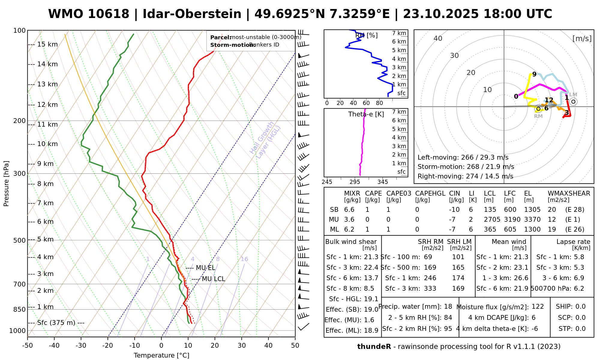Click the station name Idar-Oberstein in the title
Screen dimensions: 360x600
(x=192, y=14)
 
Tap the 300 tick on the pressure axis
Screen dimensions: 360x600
(x=20, y=174)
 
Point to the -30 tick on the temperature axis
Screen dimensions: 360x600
(x=81, y=346)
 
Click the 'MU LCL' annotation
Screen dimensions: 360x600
(x=213, y=279)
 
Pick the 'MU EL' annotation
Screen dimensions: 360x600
(x=205, y=268)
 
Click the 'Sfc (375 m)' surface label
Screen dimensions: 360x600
(x=56, y=323)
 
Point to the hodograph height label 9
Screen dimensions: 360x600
(x=534, y=74)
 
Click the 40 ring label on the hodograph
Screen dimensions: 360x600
(x=438, y=38)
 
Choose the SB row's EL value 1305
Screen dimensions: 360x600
(x=532, y=210)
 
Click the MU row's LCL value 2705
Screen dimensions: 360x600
(x=492, y=220)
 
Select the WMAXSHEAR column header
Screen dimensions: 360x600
(x=569, y=193)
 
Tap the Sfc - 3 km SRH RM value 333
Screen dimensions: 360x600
(x=430, y=289)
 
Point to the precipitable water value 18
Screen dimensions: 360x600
(x=448, y=307)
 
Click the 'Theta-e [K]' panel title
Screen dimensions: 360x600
(x=366, y=114)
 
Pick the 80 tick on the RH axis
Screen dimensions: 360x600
(x=379, y=103)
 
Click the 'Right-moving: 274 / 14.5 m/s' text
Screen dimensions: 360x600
(x=465, y=176)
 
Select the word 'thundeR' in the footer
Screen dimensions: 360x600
(x=374, y=347)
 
